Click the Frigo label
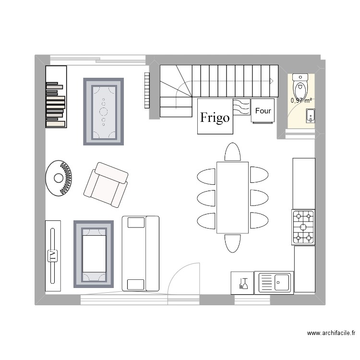(x=215, y=118)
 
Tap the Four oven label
(x=263, y=111)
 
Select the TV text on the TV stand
(x=53, y=255)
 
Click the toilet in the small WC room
(x=300, y=86)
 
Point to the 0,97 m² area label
(x=301, y=101)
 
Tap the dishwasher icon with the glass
(x=242, y=282)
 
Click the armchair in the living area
(x=107, y=184)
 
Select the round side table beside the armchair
(x=59, y=178)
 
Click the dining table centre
(x=232, y=197)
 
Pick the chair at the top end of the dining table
(x=232, y=152)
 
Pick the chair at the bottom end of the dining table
(x=233, y=243)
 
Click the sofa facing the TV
(x=140, y=253)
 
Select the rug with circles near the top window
(x=104, y=111)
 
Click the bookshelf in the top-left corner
(x=55, y=97)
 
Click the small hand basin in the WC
(x=311, y=116)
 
